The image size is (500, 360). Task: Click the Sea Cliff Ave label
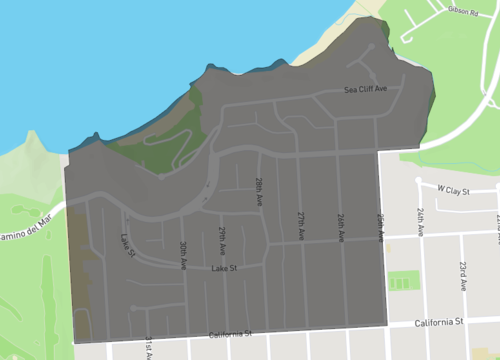(365, 90)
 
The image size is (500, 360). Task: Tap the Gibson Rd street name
(461, 11)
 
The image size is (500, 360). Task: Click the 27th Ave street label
(300, 220)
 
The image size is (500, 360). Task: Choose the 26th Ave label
(340, 224)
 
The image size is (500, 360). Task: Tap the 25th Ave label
(380, 226)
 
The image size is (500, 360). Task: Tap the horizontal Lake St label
(224, 269)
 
